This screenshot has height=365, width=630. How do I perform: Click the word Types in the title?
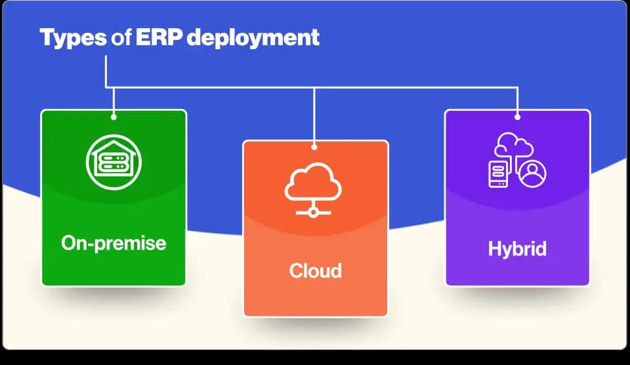pos(73,38)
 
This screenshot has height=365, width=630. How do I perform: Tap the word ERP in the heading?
pos(159,37)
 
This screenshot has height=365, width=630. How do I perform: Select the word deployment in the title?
pos(253,38)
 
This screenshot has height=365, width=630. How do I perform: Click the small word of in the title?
pos(121,37)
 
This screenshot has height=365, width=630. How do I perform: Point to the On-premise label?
pos(114,244)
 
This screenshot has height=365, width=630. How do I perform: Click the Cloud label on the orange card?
pos(316,270)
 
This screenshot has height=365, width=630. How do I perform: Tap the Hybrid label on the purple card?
pos(517,249)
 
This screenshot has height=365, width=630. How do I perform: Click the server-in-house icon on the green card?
pos(114,162)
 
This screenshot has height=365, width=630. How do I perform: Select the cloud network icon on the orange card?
pos(313,190)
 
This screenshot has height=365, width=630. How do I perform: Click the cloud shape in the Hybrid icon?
pos(514,144)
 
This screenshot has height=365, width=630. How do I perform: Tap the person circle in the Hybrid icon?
pos(532,173)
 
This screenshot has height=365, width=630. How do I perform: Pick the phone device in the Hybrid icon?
pos(498,174)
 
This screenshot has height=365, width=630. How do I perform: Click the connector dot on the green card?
pos(114,117)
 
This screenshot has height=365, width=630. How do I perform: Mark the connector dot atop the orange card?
pos(314,147)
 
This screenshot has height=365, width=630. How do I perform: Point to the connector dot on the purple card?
pos(518,117)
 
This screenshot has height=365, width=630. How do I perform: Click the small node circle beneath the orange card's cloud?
pos(313,213)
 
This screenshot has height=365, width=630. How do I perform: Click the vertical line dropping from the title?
pos(106,72)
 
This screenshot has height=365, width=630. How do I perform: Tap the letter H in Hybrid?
pos(495,248)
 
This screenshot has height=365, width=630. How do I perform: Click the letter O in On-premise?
pos(69,243)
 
